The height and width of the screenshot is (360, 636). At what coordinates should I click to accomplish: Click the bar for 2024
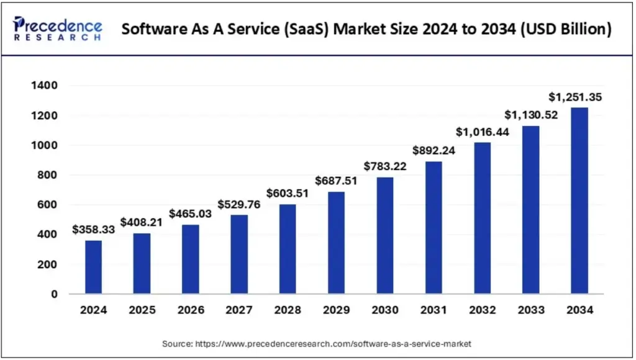coord(93,267)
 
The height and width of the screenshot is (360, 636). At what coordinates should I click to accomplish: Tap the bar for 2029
coord(336,242)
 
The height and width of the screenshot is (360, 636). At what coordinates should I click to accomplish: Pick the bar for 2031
coord(434,227)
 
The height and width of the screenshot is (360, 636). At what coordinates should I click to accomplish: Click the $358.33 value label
coord(93,230)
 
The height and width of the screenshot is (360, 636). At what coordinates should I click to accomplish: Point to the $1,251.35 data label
coord(575,97)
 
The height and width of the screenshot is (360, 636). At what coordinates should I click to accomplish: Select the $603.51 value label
coord(287,193)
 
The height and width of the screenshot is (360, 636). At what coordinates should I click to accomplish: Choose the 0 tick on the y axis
coord(55,294)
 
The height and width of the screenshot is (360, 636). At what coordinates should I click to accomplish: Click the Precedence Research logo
coord(58,29)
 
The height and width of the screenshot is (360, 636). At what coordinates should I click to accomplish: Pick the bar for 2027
coord(239,254)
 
